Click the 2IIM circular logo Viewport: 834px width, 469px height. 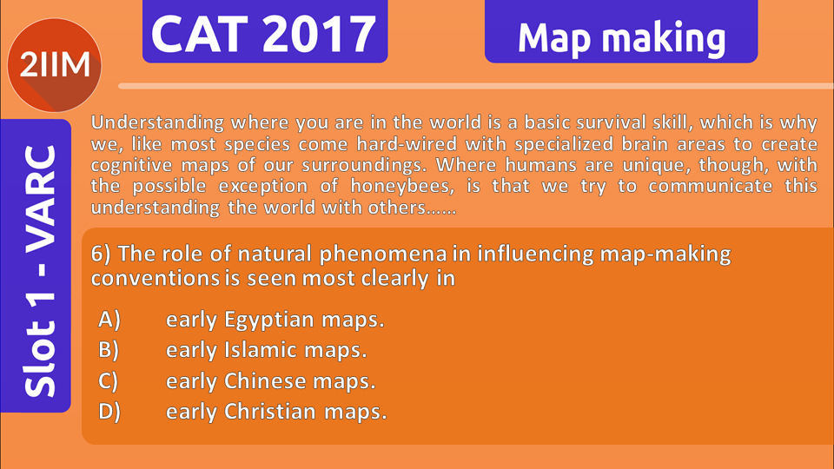point(54,65)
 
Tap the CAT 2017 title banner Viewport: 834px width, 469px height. point(265,31)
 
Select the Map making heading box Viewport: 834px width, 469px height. point(621,31)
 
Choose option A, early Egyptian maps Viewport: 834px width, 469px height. point(241,320)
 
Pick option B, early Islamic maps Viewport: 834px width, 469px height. point(233,350)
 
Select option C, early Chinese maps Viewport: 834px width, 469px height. point(236,380)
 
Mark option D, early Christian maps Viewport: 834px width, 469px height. point(242,412)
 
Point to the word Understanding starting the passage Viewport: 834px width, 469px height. point(157,122)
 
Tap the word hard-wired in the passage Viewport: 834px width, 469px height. point(407,144)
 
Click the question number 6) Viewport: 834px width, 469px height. point(101,254)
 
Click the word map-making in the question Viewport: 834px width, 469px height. point(665,254)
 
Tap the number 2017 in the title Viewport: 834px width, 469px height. point(319,34)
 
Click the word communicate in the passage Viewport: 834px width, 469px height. point(710,186)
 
